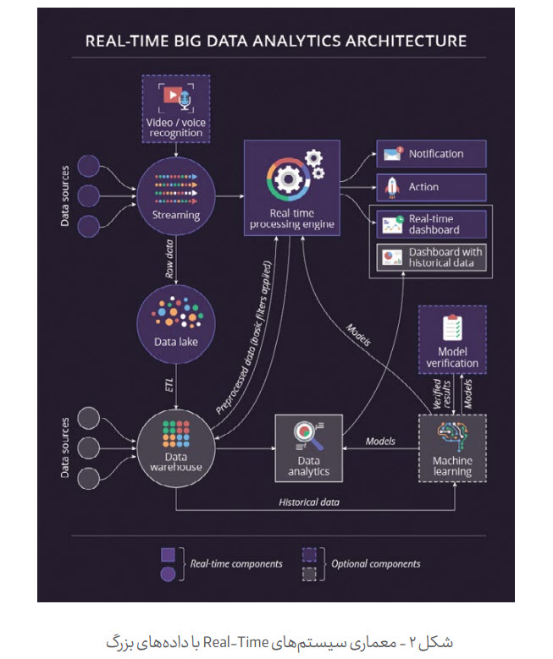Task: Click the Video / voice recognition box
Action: click(176, 109)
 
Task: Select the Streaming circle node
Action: click(176, 196)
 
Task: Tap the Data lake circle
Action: click(176, 324)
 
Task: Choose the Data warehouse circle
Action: click(176, 448)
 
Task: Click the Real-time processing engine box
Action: click(292, 188)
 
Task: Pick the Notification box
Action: click(431, 154)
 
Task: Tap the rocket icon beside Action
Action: click(392, 188)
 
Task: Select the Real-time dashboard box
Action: click(431, 224)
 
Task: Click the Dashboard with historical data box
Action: click(431, 257)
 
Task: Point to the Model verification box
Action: click(452, 339)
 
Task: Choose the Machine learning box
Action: click(452, 448)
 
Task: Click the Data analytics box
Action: click(308, 448)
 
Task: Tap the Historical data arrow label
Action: click(309, 502)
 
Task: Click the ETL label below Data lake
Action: click(169, 385)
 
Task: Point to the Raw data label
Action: click(169, 259)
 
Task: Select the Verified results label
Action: click(442, 394)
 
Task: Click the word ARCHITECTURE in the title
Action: click(406, 41)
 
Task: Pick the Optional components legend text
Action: click(375, 563)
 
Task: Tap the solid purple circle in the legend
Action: click(168, 574)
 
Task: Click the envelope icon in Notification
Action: click(392, 154)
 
